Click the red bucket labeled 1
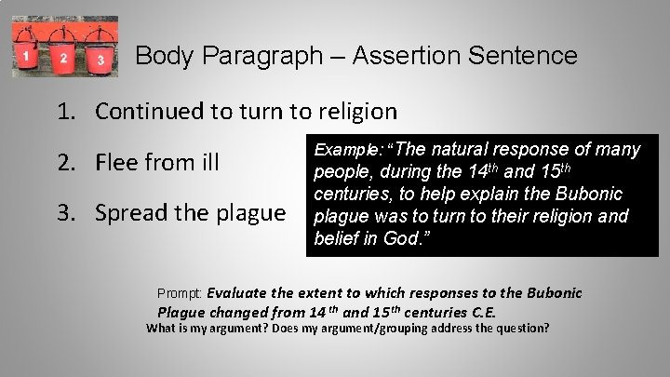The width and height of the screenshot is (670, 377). click(x=27, y=54)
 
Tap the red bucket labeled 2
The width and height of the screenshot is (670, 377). click(x=62, y=55)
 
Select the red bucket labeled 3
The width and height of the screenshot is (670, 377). click(x=100, y=57)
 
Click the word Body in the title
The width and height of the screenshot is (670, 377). click(x=159, y=56)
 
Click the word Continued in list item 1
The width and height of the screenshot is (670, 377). click(x=150, y=112)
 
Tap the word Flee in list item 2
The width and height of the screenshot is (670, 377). click(x=119, y=163)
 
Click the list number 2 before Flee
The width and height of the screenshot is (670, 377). click(x=65, y=163)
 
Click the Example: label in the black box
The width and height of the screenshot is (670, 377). click(x=348, y=149)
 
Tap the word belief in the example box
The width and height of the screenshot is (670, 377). click(x=337, y=238)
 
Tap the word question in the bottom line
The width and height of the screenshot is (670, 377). click(x=521, y=328)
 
